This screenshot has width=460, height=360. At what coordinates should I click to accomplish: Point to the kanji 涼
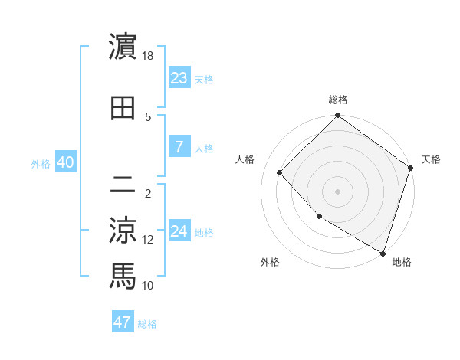[x=123, y=230]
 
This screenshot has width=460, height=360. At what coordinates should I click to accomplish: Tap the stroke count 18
[x=148, y=56]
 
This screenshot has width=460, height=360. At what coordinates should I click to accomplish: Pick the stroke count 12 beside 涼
[x=148, y=240]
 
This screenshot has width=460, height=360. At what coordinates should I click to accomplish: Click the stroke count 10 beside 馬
[x=148, y=286]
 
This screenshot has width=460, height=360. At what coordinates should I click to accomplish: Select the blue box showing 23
[x=179, y=77]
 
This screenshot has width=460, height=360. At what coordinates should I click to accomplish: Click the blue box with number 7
[x=179, y=147]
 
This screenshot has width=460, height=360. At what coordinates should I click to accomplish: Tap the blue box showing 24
[x=179, y=231]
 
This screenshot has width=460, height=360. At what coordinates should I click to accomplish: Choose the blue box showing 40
[x=65, y=162]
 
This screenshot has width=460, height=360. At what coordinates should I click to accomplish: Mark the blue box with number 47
[x=123, y=322]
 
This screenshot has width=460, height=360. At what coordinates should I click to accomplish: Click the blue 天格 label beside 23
[x=204, y=79]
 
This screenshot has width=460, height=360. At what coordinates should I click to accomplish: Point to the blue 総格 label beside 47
[x=147, y=324]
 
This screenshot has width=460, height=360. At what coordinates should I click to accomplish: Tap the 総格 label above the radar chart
[x=338, y=100]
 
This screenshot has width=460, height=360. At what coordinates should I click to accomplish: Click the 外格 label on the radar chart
[x=270, y=262]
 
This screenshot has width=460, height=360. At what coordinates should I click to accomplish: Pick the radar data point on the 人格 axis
[x=280, y=172]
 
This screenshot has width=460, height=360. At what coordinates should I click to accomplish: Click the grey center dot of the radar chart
[x=338, y=191]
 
